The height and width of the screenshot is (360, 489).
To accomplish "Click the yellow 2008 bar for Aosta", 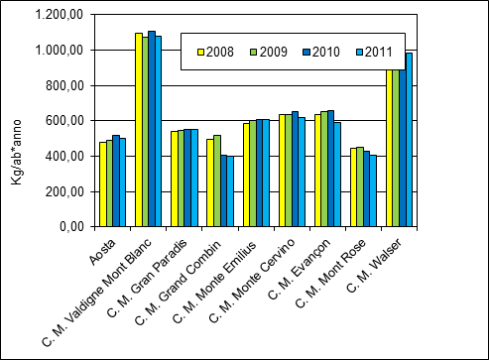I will [x=102, y=184].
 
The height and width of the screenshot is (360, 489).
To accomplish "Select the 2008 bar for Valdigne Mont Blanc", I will [x=139, y=130].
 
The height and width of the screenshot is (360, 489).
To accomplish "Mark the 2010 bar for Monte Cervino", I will [x=295, y=169].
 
